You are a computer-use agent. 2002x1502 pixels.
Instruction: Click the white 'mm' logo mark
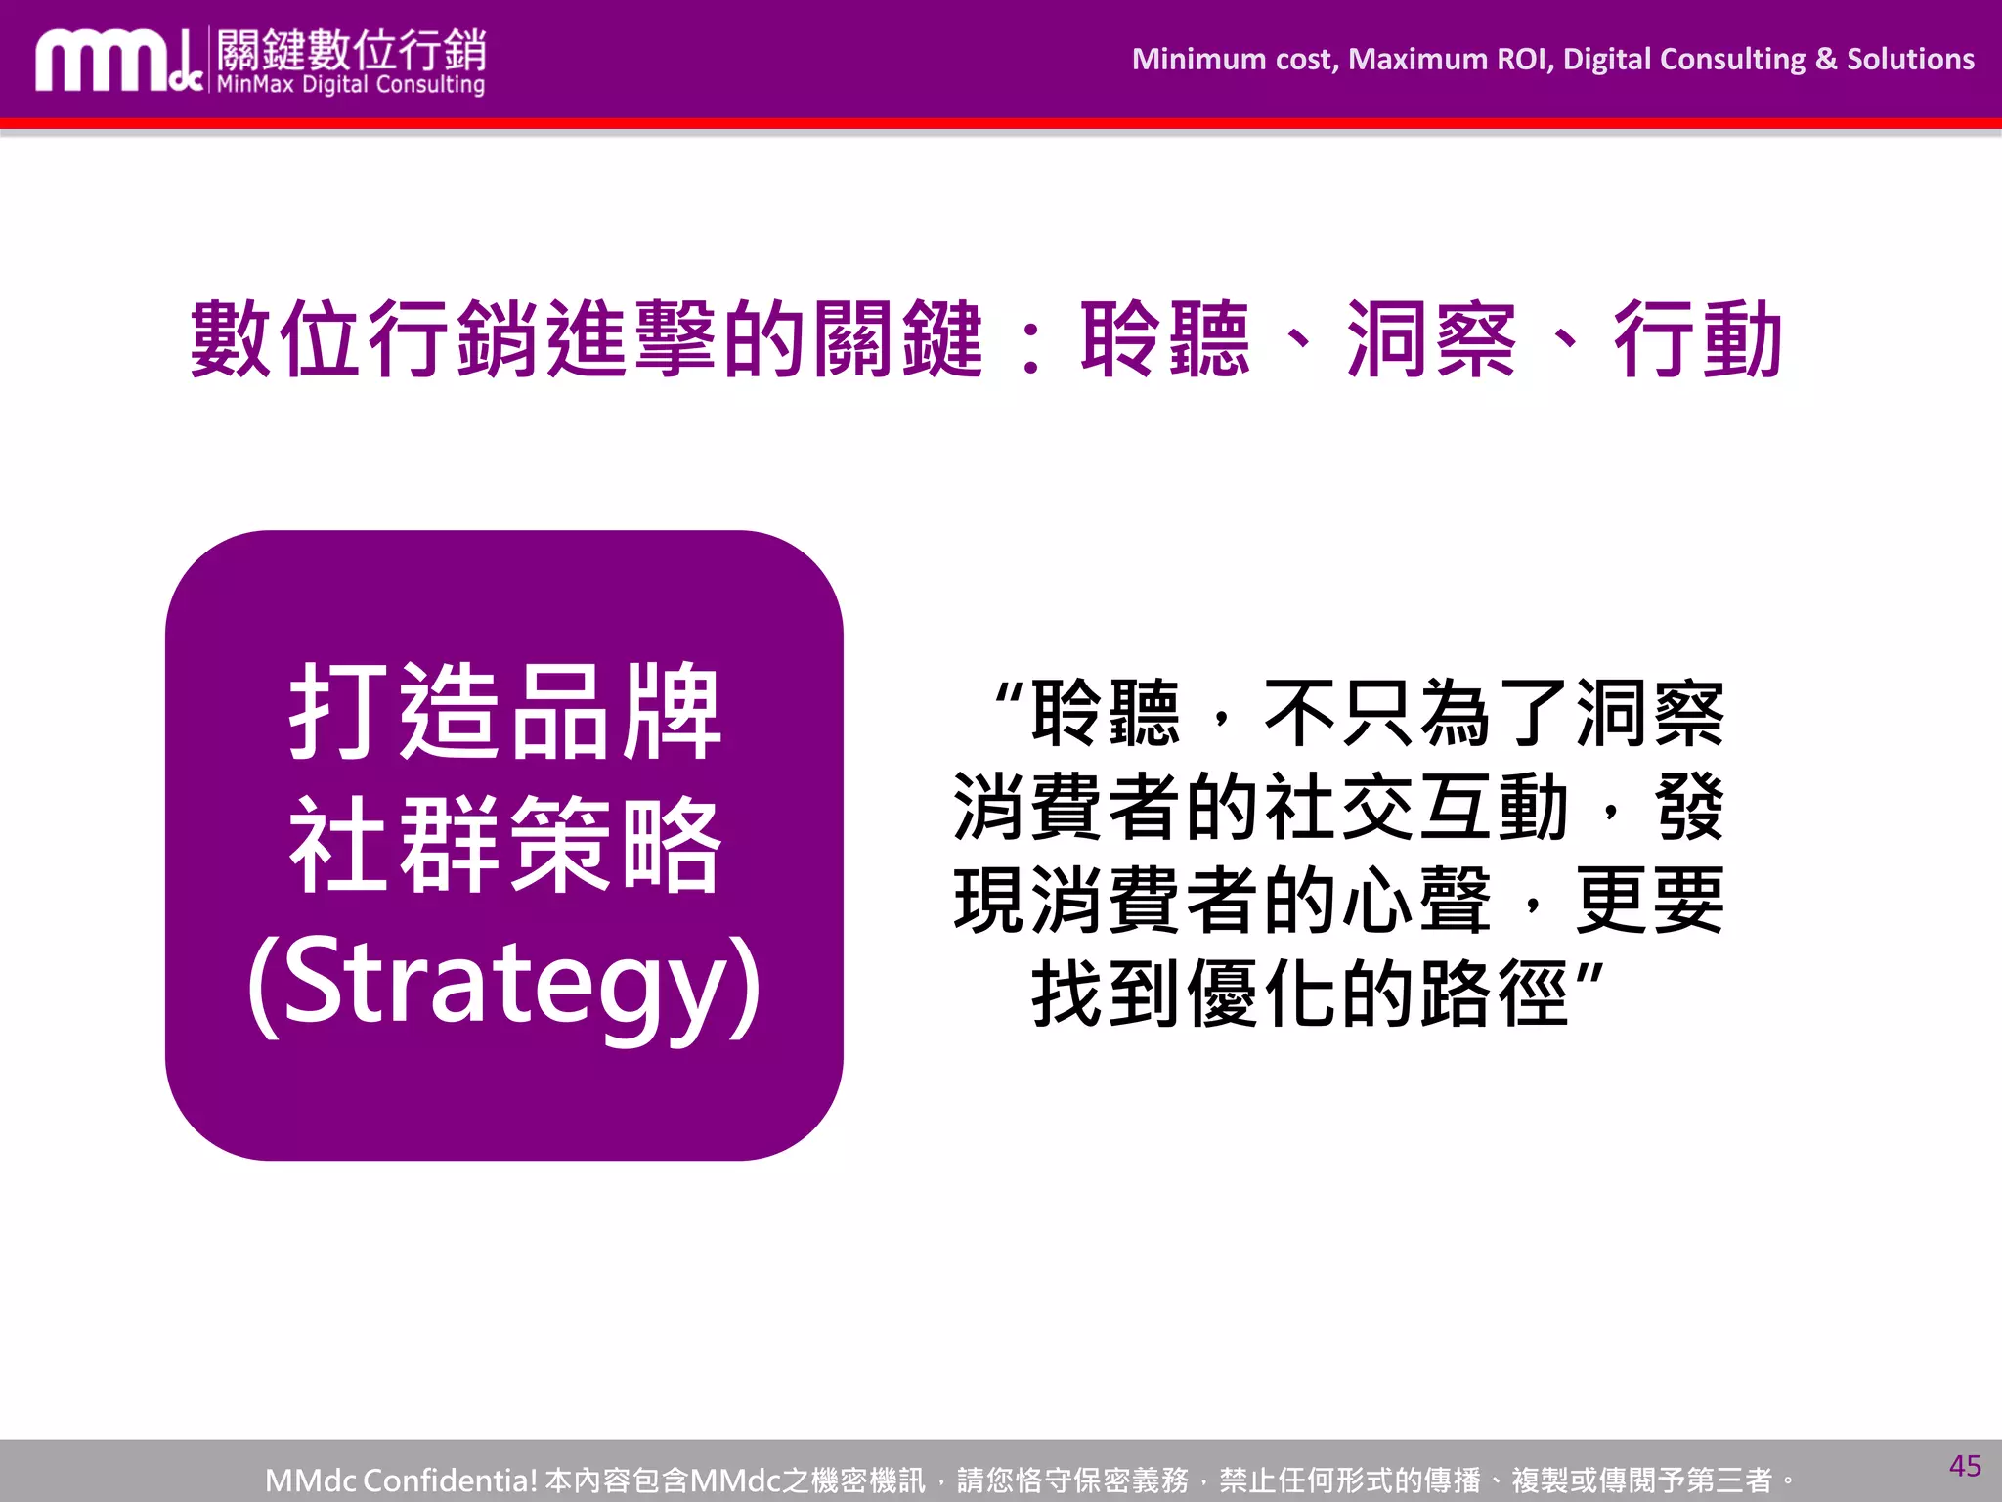108,64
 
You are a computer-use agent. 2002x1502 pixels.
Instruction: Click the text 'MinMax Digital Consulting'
350,85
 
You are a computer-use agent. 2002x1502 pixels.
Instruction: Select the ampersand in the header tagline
1825,60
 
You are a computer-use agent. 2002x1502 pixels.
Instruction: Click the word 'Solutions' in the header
1910,60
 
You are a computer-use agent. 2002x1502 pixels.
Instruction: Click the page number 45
1965,1466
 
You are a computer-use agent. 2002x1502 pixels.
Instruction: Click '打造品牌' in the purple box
504,711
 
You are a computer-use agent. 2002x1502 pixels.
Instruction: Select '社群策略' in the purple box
504,845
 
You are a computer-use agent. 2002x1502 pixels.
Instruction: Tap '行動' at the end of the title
1698,339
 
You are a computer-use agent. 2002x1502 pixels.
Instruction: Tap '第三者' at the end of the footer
1729,1480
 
